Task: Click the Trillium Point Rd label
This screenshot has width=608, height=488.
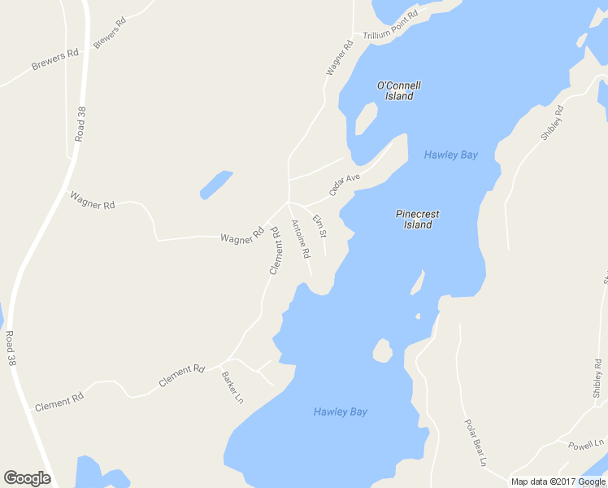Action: (390, 26)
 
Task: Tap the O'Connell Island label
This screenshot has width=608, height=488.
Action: (399, 90)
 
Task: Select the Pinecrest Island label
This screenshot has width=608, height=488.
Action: (417, 220)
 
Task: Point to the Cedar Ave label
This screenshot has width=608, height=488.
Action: (344, 184)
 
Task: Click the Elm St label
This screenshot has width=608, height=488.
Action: (319, 224)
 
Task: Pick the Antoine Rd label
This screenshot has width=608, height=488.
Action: (300, 239)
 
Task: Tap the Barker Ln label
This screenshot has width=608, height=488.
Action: (232, 387)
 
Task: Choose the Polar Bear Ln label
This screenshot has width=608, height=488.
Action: (475, 443)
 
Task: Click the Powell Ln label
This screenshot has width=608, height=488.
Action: (588, 445)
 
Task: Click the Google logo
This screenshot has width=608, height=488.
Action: (27, 478)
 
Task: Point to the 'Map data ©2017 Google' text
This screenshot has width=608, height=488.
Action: (558, 481)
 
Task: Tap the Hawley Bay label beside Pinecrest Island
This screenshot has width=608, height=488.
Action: (450, 155)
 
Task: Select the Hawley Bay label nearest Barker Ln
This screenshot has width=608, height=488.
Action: (340, 412)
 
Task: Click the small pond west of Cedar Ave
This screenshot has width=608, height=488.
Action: (215, 185)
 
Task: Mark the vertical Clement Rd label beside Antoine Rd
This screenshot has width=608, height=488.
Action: (274, 250)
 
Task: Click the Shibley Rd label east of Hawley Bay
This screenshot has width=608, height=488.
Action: (553, 122)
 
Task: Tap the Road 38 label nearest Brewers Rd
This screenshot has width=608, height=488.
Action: (80, 124)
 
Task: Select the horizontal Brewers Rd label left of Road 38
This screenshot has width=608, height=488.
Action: (54, 59)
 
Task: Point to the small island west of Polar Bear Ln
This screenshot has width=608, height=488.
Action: (381, 351)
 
